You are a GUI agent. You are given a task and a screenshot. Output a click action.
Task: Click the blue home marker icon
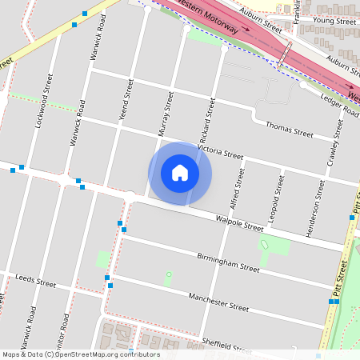(180, 172)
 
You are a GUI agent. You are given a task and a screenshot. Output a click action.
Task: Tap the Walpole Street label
(239, 223)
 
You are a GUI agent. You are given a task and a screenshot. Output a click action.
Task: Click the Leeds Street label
(35, 283)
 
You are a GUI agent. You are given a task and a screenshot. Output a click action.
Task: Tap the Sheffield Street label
(226, 345)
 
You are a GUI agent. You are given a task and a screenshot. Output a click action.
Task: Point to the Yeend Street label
(123, 105)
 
